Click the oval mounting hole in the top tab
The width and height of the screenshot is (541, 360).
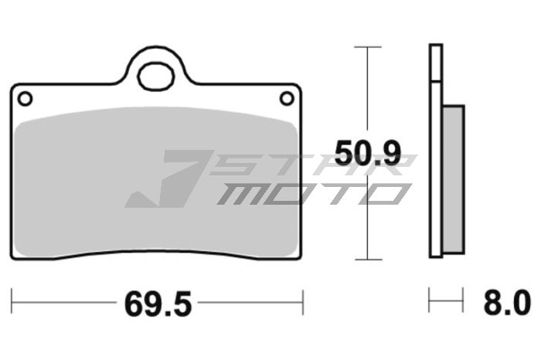[156, 77]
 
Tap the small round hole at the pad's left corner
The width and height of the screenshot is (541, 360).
[25, 98]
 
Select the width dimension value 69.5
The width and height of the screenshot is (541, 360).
[157, 304]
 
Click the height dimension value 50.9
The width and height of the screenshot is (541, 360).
[367, 155]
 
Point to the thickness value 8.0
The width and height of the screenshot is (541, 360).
[507, 302]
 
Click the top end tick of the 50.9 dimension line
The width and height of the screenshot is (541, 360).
[368, 47]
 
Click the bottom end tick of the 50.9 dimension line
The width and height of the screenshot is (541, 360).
[368, 260]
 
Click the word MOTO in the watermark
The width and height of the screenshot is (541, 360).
[309, 193]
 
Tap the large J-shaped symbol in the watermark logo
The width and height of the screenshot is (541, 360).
[166, 180]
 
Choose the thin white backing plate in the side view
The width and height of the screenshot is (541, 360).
[436, 155]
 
